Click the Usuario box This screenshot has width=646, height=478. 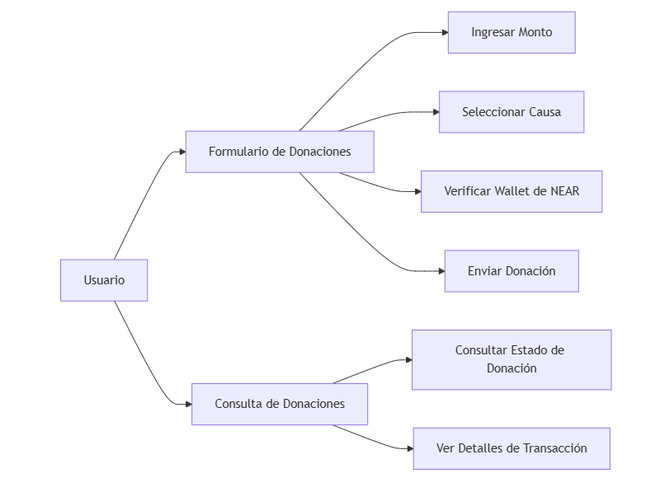pos(104,280)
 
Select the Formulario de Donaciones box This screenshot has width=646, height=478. pos(280,152)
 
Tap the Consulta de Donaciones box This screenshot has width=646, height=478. pos(280,404)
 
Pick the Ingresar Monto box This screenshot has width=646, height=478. pos(512,32)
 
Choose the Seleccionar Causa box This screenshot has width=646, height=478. pos(512,112)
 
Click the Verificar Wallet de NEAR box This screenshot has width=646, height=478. pos(512,191)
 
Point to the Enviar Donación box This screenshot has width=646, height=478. pos(512,271)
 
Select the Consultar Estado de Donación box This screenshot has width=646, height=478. pos(512,359)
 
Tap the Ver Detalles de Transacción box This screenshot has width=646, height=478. pos(512,448)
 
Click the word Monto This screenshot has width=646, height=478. pos(535,32)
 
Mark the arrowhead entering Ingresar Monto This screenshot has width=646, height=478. pos(445,32)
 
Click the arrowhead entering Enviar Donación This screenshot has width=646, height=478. pos(441,271)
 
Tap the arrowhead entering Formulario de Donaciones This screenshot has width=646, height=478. pos(182,152)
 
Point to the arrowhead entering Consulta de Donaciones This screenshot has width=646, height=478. pos(188,404)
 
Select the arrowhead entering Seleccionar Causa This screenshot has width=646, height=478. pos(436,112)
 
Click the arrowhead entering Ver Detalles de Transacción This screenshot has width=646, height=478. pos(410,448)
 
